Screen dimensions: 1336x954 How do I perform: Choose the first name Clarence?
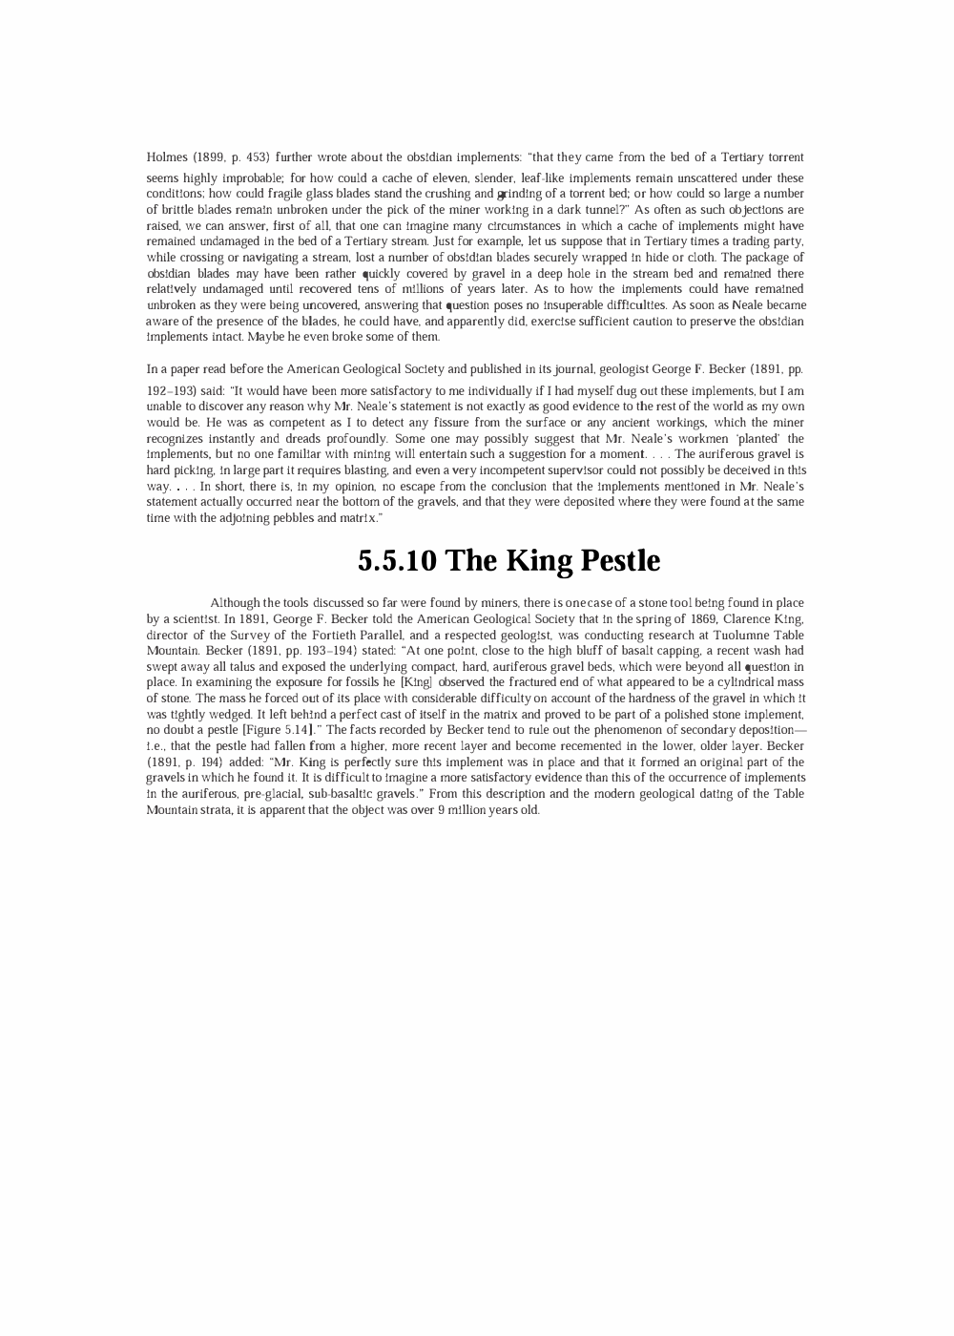point(739,619)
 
